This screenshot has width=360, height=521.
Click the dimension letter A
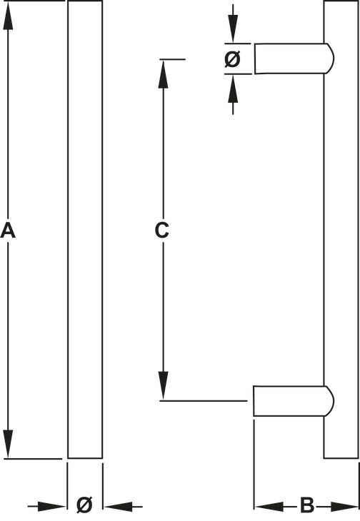click(8, 231)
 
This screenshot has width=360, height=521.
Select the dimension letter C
click(162, 231)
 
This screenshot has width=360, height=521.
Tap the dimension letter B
click(306, 505)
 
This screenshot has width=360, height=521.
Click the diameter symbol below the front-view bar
click(84, 505)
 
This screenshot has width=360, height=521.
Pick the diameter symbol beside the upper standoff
click(232, 59)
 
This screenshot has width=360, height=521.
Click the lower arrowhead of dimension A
click(8, 444)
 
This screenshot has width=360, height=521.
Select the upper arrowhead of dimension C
click(163, 74)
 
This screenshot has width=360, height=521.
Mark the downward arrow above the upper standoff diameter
click(233, 24)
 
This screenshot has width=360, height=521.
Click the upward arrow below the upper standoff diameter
click(233, 95)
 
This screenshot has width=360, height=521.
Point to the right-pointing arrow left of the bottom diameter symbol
click(46, 507)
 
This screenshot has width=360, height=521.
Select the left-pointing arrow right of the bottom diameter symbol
click(123, 507)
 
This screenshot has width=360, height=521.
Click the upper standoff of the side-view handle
click(294, 59)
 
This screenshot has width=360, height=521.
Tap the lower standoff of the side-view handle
click(294, 400)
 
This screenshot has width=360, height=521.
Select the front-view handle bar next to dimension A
click(85, 229)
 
